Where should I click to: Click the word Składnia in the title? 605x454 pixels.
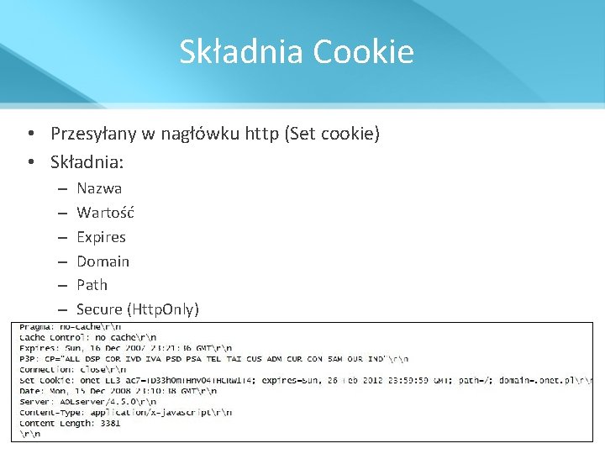pos(242,52)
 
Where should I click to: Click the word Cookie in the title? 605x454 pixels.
pos(364,52)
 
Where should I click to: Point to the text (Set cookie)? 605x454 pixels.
pos(333,134)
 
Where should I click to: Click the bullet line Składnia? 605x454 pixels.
pos(87,161)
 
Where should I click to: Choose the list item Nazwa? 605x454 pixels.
pos(99,188)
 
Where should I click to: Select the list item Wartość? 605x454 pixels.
pos(105,213)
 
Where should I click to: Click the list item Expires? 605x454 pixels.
pos(101,237)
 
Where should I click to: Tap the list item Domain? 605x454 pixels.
pos(103,261)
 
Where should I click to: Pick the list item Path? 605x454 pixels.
pos(92,285)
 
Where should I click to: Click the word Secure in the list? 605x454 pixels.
pos(99,309)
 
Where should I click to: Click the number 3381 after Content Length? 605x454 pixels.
pos(108,423)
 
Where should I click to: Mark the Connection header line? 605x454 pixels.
pos(72,369)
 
